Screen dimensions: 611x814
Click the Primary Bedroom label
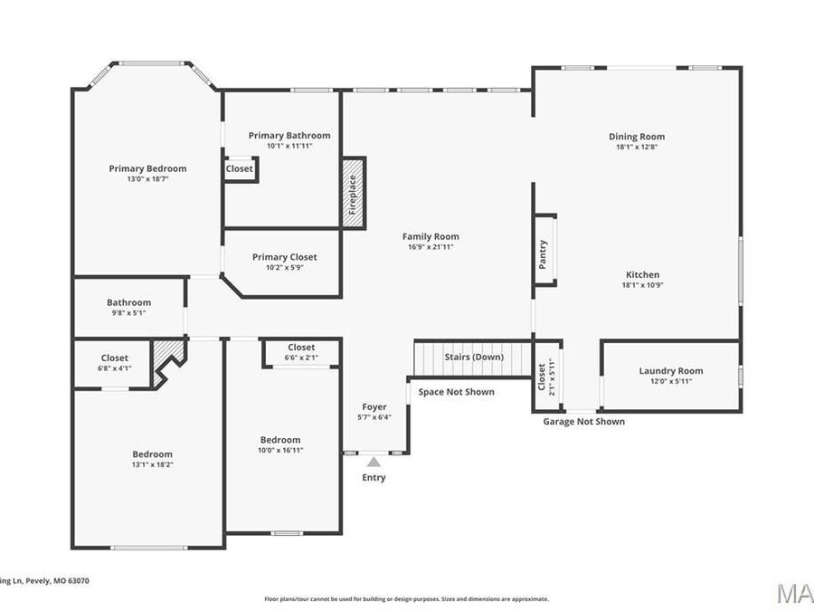[x=147, y=168]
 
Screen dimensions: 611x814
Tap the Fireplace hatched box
[x=353, y=193]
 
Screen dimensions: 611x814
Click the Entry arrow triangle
[x=374, y=463]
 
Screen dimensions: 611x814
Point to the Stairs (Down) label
[x=474, y=357]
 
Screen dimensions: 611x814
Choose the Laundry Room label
[x=670, y=371]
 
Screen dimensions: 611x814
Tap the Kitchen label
[x=642, y=275]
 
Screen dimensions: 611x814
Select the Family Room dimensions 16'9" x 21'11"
[x=431, y=247]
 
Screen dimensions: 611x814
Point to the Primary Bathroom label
[x=289, y=136]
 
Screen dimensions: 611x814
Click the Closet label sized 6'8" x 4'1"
[x=115, y=358]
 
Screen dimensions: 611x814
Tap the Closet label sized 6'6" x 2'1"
[x=301, y=348]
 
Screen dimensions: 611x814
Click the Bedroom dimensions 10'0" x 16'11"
[x=280, y=450]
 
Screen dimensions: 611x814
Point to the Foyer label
[x=374, y=407]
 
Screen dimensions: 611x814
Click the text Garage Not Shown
[x=583, y=422]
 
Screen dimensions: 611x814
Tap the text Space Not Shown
[x=456, y=392]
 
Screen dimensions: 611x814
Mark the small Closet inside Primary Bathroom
[x=240, y=169]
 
